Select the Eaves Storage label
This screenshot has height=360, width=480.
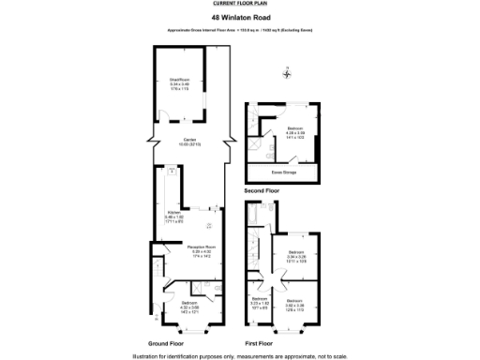coord(284,172)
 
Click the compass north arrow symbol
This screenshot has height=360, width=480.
coord(288,74)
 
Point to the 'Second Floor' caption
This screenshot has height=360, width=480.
coord(262,191)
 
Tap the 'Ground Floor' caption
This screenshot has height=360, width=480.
coord(167,344)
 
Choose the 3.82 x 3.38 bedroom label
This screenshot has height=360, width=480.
coord(296,305)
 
